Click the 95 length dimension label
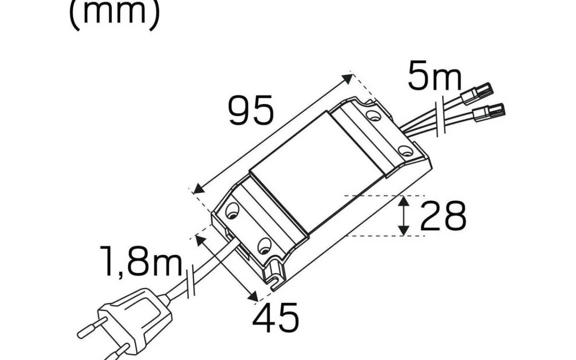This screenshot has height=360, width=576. coord(250,110)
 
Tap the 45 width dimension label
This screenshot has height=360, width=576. coord(276,318)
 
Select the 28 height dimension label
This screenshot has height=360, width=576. coord(443,216)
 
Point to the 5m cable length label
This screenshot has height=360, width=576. coord(434,76)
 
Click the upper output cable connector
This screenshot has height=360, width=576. coord(477,94)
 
